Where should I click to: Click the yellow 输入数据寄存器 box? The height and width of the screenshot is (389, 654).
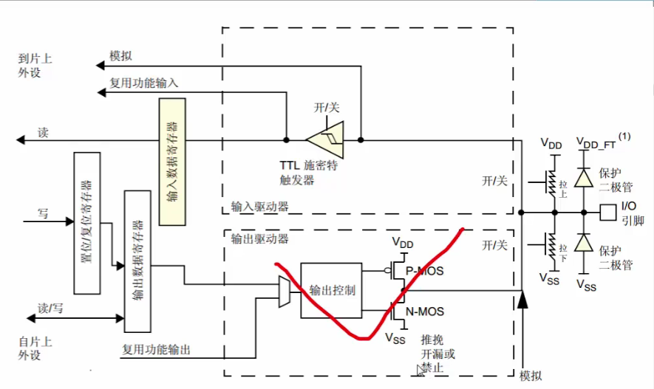pyautogui.click(x=173, y=162)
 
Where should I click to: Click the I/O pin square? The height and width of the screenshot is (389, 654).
pyautogui.click(x=607, y=213)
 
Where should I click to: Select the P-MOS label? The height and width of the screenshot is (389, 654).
pyautogui.click(x=424, y=272)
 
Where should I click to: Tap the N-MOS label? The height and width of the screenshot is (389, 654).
pyautogui.click(x=425, y=311)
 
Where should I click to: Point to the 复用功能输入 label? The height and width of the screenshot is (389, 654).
pyautogui.click(x=144, y=83)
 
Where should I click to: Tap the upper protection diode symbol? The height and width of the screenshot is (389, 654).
pyautogui.click(x=584, y=177)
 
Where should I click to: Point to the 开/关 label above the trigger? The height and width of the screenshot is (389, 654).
pyautogui.click(x=327, y=108)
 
